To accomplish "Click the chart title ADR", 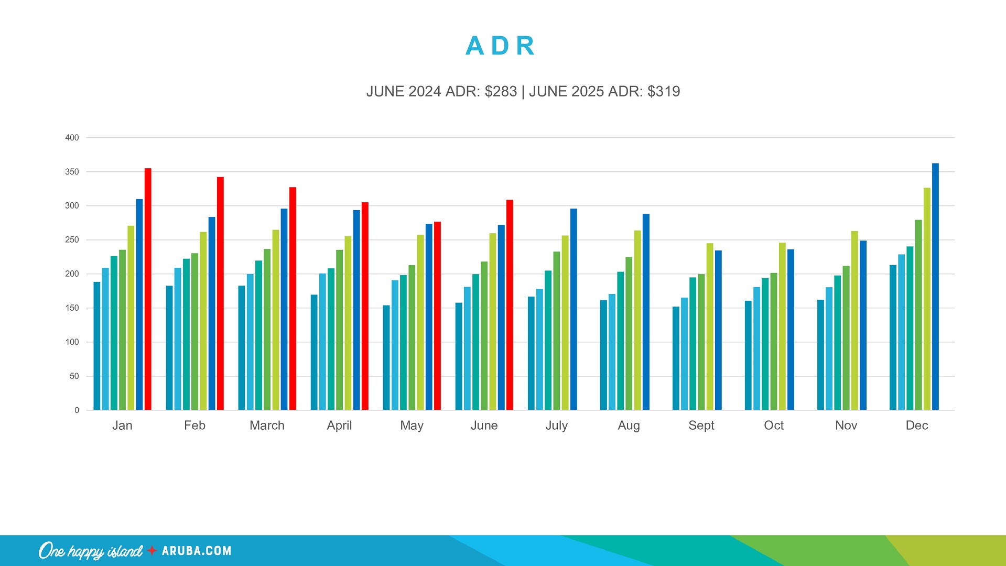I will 500,46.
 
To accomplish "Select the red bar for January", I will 148,288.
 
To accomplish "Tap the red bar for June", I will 510,304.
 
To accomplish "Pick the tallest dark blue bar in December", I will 935,286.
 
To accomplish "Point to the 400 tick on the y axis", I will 72,138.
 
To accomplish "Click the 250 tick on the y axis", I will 72,240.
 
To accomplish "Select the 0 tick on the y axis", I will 77,410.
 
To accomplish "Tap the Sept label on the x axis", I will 701,426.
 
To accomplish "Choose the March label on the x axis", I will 267,426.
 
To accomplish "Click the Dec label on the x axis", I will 916,426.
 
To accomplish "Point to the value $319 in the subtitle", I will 664,92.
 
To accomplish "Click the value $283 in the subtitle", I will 501,92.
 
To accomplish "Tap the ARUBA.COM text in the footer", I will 197,551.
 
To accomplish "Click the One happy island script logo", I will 90,551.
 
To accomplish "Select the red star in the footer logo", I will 152,550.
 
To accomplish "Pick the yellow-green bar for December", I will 927,299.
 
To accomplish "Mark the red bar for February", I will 220,293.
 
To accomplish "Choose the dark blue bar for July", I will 574,309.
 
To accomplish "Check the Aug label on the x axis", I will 629,426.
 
